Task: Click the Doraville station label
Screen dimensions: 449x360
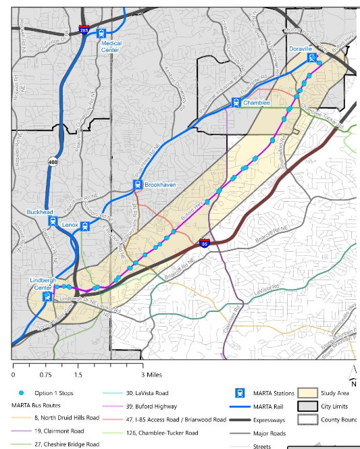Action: pos(301,49)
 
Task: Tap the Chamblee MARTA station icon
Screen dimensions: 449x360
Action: pos(236,103)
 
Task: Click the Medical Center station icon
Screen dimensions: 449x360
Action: pos(101,32)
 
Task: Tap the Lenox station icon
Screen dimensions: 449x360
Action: pos(85,226)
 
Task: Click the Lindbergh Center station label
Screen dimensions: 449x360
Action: pos(46,284)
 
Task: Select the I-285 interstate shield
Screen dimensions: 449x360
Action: pos(84,30)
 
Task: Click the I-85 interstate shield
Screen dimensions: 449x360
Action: pos(204,242)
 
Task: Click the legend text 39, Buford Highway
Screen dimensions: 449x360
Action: pos(151,406)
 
